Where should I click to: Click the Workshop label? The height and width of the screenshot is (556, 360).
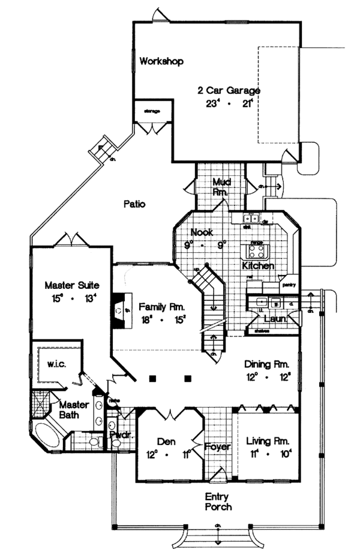[161, 61]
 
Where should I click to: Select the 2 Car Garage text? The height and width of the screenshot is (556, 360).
[229, 91]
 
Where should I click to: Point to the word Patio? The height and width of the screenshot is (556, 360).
[134, 204]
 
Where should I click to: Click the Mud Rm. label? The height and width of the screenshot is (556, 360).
[221, 187]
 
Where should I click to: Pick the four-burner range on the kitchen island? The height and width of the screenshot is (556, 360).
[257, 250]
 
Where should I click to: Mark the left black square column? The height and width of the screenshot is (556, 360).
[152, 379]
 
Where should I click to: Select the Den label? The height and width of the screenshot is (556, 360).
[166, 441]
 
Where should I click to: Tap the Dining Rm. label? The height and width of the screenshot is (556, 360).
[267, 364]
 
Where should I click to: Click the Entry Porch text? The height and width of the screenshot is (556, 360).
[218, 501]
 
